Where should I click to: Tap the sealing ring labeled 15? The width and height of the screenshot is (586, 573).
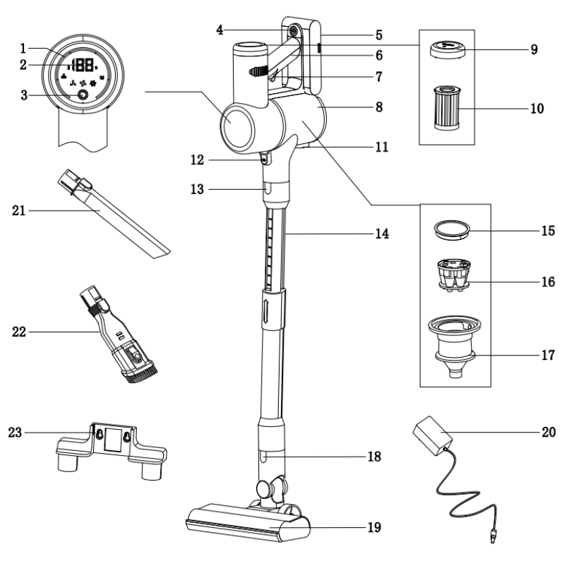(451, 230)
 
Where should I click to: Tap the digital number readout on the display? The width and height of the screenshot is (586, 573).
(84, 64)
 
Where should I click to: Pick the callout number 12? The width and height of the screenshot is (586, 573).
(198, 159)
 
